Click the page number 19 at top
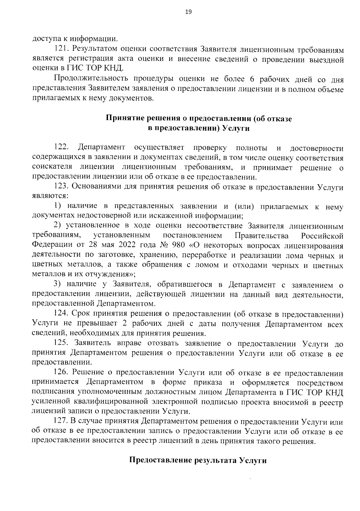click(180, 12)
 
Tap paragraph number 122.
click(61, 147)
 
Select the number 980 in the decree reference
click(180, 245)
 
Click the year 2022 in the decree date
click(127, 245)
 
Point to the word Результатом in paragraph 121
click(94, 49)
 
